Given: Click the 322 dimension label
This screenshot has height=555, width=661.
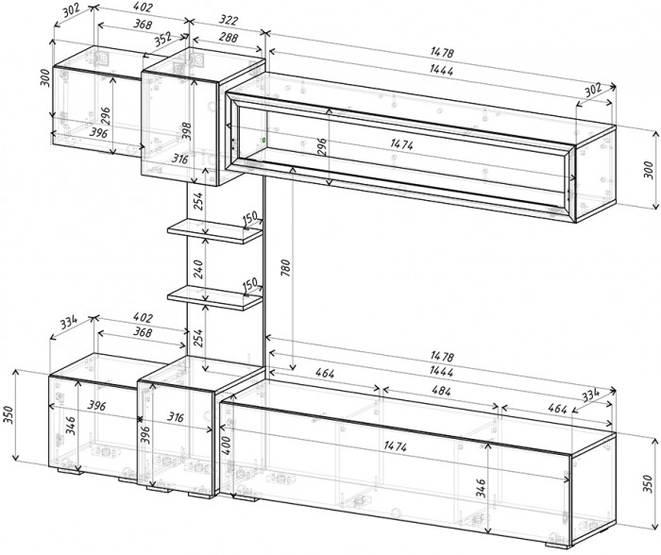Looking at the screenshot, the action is click(229, 20).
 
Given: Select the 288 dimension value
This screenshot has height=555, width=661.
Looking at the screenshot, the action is click(229, 38).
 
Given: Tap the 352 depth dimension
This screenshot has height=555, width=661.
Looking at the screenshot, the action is click(162, 40).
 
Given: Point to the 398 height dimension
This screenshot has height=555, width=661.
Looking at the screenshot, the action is click(186, 131).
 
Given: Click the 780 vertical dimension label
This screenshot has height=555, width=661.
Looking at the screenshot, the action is click(285, 268).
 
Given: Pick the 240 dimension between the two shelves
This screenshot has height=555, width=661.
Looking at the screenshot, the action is click(197, 269).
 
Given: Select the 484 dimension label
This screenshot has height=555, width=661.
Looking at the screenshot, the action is click(441, 391).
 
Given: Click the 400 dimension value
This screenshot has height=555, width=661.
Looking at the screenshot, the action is click(226, 446).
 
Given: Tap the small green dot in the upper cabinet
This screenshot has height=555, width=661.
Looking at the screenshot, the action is click(263, 139).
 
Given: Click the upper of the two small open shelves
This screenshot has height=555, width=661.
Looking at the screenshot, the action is click(215, 230).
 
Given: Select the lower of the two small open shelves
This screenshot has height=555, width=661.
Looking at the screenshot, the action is click(215, 297).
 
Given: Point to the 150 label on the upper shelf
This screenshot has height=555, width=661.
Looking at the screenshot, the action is click(250, 218).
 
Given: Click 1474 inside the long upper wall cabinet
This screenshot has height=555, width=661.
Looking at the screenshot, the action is click(401, 144).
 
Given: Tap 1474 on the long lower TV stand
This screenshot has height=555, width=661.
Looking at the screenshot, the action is click(395, 446).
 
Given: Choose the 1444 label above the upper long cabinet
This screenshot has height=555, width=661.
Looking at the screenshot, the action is click(441, 70).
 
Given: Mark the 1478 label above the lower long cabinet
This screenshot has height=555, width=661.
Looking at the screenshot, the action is click(442, 356).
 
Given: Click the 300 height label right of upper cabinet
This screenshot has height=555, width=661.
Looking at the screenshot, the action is click(649, 169).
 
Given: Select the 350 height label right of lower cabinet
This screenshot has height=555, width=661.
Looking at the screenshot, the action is click(648, 483).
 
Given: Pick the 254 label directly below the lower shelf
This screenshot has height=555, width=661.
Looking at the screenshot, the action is click(198, 338).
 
